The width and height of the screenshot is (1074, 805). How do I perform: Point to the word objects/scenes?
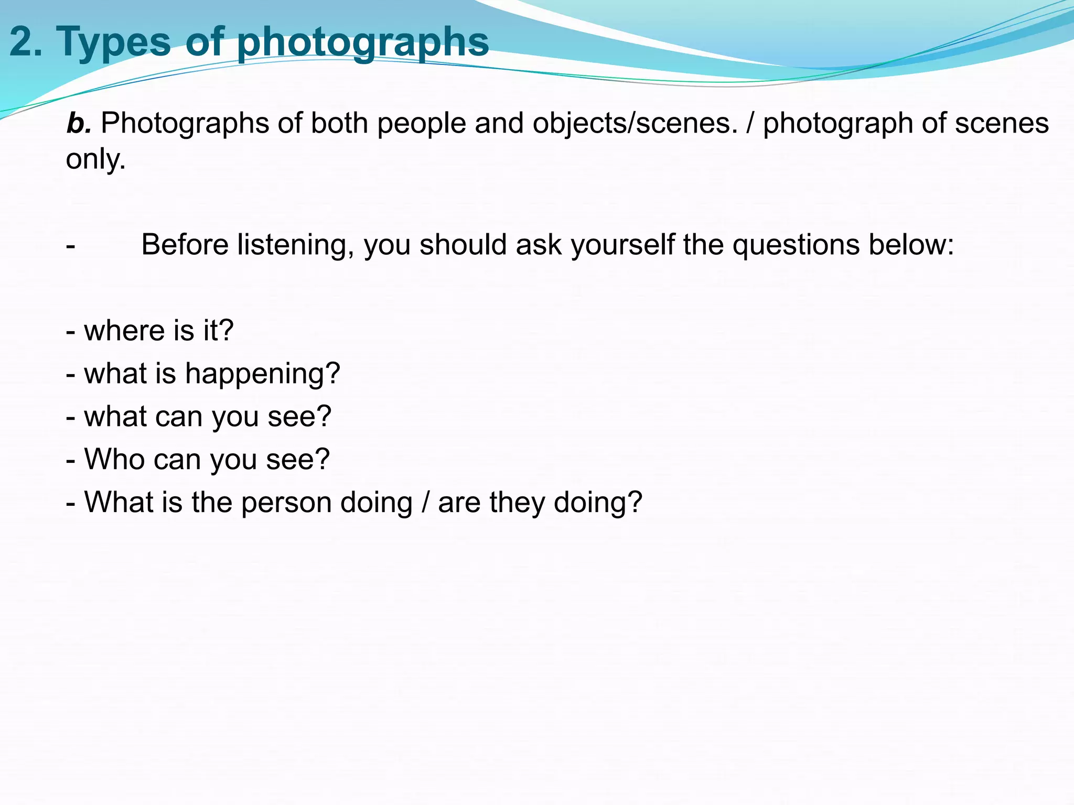coord(635,124)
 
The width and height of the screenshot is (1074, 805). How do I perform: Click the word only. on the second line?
coord(95,159)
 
